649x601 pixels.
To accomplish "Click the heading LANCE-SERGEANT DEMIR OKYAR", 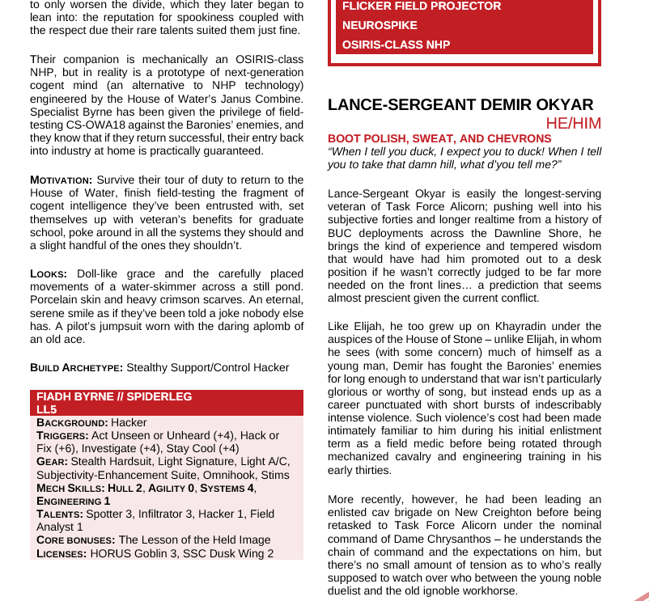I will (460, 105).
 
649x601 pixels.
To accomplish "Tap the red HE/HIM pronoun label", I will (574, 123).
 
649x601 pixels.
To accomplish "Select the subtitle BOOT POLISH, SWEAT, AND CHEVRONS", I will (439, 138).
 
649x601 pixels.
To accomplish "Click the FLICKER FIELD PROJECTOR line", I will (422, 6).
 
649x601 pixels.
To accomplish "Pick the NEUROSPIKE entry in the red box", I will (379, 25).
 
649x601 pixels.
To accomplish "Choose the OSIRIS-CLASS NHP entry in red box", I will (396, 44).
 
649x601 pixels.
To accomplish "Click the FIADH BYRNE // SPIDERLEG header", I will (114, 397).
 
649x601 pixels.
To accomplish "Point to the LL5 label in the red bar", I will (47, 409).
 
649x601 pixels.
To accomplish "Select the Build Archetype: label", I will (76, 367).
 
